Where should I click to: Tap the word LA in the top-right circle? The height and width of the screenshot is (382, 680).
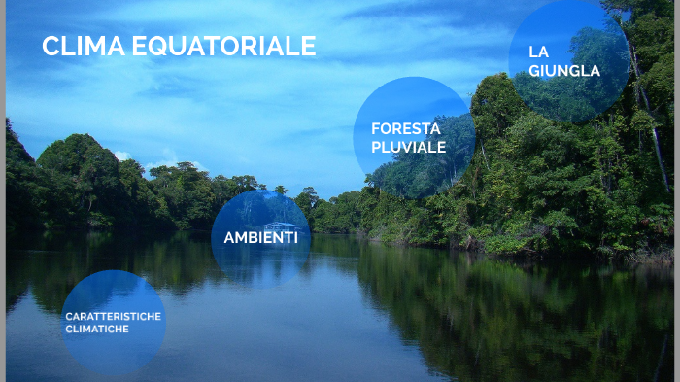(x=539, y=51)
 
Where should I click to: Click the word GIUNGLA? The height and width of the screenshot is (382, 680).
(x=564, y=70)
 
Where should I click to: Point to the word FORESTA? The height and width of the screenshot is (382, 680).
(x=405, y=127)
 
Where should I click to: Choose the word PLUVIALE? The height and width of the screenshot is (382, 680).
(x=408, y=147)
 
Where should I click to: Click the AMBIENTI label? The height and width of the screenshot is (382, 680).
(x=260, y=237)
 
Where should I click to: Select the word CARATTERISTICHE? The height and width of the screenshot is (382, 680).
(x=113, y=317)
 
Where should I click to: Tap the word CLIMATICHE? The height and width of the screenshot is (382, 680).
(x=97, y=329)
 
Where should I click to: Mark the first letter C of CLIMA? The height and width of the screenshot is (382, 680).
(x=51, y=46)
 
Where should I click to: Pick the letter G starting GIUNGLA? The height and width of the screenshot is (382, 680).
(x=534, y=70)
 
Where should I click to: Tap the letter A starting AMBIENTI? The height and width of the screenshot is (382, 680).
(x=229, y=237)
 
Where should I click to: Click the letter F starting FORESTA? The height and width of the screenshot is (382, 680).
(x=375, y=127)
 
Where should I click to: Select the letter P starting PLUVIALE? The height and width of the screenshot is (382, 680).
(x=376, y=147)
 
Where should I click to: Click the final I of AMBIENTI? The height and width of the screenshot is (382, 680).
(x=295, y=237)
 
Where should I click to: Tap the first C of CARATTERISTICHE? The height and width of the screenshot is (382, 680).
(x=69, y=317)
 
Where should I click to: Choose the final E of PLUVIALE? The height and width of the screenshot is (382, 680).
(x=441, y=147)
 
